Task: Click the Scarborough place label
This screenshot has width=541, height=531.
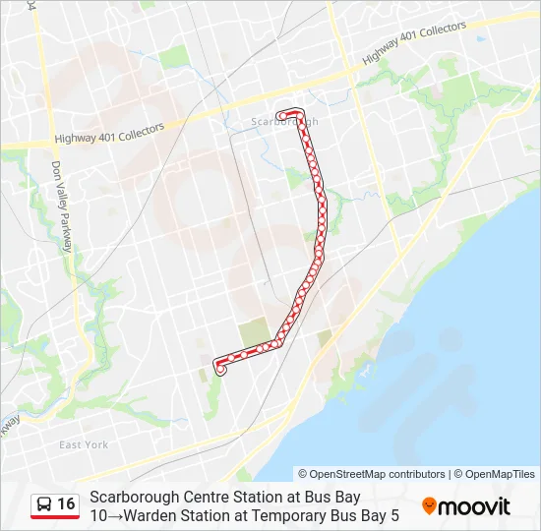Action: tap(284, 122)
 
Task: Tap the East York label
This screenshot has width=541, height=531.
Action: tap(84, 444)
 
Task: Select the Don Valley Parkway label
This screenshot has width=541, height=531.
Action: tap(62, 206)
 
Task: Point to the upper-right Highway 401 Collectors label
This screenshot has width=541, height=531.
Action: tap(414, 44)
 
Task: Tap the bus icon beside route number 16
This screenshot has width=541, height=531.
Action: tap(45, 504)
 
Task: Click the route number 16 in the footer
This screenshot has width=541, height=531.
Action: tap(66, 504)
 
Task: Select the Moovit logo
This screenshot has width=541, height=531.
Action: tap(466, 506)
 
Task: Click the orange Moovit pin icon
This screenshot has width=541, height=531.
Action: tap(429, 506)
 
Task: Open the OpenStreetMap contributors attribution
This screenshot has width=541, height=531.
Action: tap(372, 474)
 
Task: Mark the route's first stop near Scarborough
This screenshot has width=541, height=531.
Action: tap(281, 115)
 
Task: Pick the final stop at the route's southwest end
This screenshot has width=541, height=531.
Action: tap(220, 370)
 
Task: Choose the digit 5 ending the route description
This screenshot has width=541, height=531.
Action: tap(394, 514)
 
